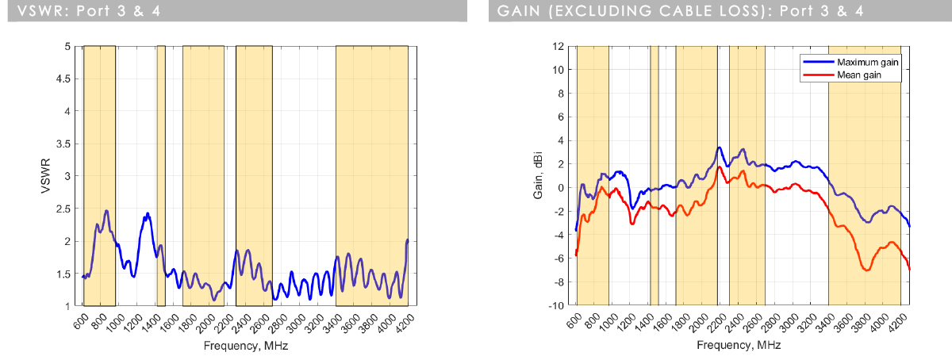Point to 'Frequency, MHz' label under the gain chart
tap(737, 346)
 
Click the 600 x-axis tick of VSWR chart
tap(80, 321)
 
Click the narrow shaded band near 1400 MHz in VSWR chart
tap(161, 176)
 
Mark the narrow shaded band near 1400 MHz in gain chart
tap(654, 176)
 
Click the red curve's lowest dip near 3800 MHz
tap(867, 270)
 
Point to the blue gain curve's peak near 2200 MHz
tap(718, 147)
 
